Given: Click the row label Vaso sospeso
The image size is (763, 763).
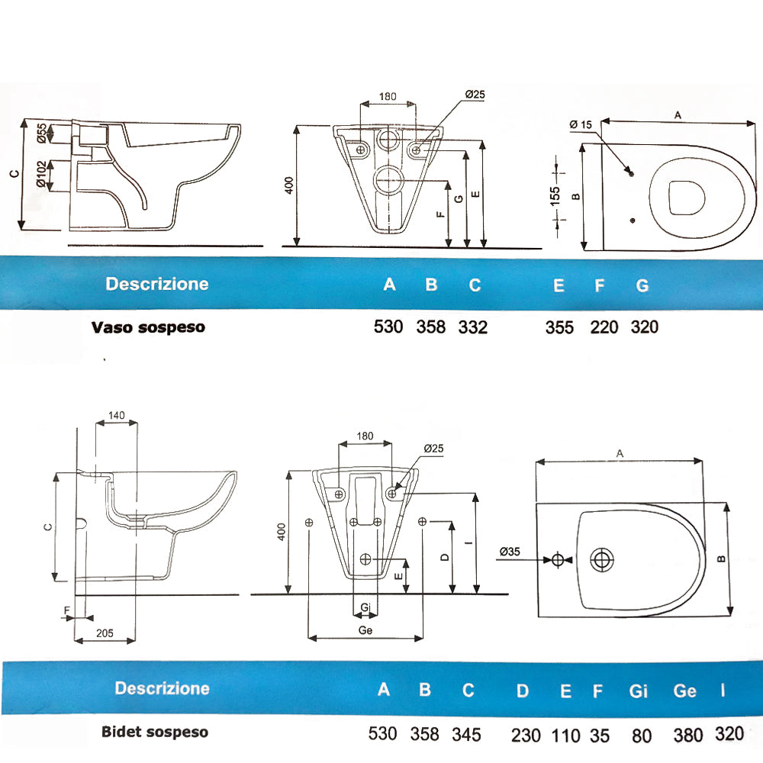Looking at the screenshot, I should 148,327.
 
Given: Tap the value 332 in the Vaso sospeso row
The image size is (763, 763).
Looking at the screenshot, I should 473,327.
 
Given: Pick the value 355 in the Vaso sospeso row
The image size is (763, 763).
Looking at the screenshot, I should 559,327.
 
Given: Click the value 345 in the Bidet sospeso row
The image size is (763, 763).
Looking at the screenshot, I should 466,734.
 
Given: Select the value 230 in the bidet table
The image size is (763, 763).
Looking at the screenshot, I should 525,735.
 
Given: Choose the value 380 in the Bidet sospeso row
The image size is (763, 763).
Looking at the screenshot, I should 686,735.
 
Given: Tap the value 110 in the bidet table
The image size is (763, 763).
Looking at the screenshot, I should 565,735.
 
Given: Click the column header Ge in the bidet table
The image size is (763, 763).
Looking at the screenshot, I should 684,691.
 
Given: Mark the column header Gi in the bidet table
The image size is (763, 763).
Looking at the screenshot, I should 638,691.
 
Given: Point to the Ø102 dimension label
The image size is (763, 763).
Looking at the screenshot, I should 42,173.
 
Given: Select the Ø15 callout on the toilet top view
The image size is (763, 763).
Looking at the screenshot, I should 581,124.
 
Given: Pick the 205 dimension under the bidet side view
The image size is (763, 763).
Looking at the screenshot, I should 105,633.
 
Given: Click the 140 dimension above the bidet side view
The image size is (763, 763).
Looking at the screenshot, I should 116,416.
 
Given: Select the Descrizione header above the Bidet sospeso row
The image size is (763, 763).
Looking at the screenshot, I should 162,688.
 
